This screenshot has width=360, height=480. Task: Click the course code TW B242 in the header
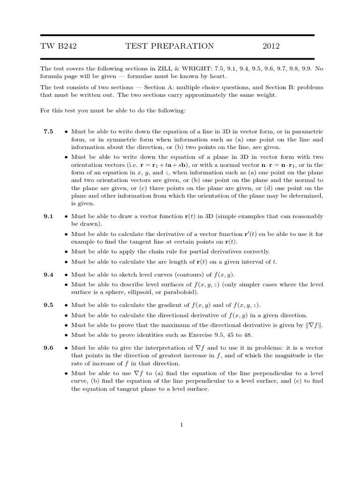pos(59,46)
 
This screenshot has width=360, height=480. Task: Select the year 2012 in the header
pos(271,46)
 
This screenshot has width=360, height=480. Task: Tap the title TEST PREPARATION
pos(170,46)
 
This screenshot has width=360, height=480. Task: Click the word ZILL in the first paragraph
pos(195,68)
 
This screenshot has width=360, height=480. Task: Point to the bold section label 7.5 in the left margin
pos(49,132)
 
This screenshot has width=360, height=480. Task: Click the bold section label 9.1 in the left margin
pos(49,216)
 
